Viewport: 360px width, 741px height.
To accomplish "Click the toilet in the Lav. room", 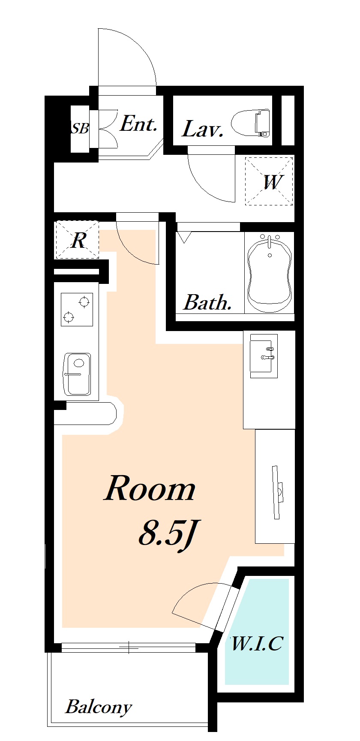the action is click(252, 123).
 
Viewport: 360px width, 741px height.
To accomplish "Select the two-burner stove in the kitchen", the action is click(77, 309).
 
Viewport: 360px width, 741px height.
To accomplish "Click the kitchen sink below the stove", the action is click(77, 374).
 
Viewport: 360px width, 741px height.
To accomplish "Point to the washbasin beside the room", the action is click(264, 356).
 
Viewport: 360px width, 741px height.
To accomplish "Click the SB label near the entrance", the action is click(80, 128).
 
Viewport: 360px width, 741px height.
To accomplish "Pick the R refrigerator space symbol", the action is click(77, 240).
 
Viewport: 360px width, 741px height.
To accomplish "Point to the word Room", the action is click(150, 488).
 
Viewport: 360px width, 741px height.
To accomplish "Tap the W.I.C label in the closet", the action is click(257, 643).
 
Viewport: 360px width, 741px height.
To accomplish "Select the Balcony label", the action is click(98, 707).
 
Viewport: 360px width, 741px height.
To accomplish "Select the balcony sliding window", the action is click(129, 648).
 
